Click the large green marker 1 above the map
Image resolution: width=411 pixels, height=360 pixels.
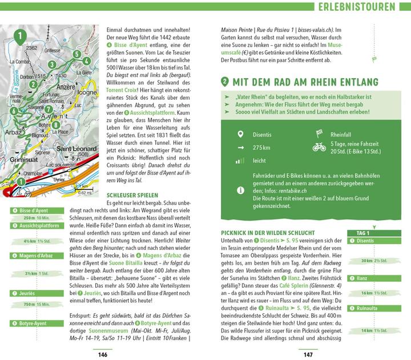click(21, 38)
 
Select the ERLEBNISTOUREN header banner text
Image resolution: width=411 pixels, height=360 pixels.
click(357, 7)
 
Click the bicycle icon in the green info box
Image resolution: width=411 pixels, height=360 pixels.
click(319, 147)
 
